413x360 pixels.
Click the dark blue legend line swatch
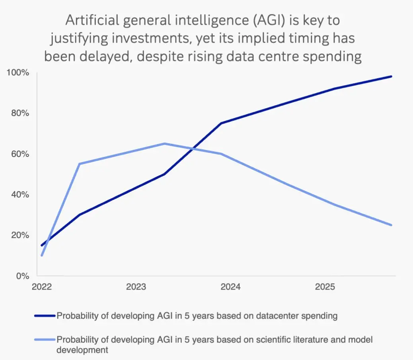[x=45, y=316]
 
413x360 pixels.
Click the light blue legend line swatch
[x=45, y=340]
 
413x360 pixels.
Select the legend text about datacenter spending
[x=197, y=316]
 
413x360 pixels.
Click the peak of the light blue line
[x=165, y=143]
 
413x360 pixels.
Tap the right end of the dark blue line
[x=392, y=76]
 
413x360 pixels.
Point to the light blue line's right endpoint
[x=392, y=225]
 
